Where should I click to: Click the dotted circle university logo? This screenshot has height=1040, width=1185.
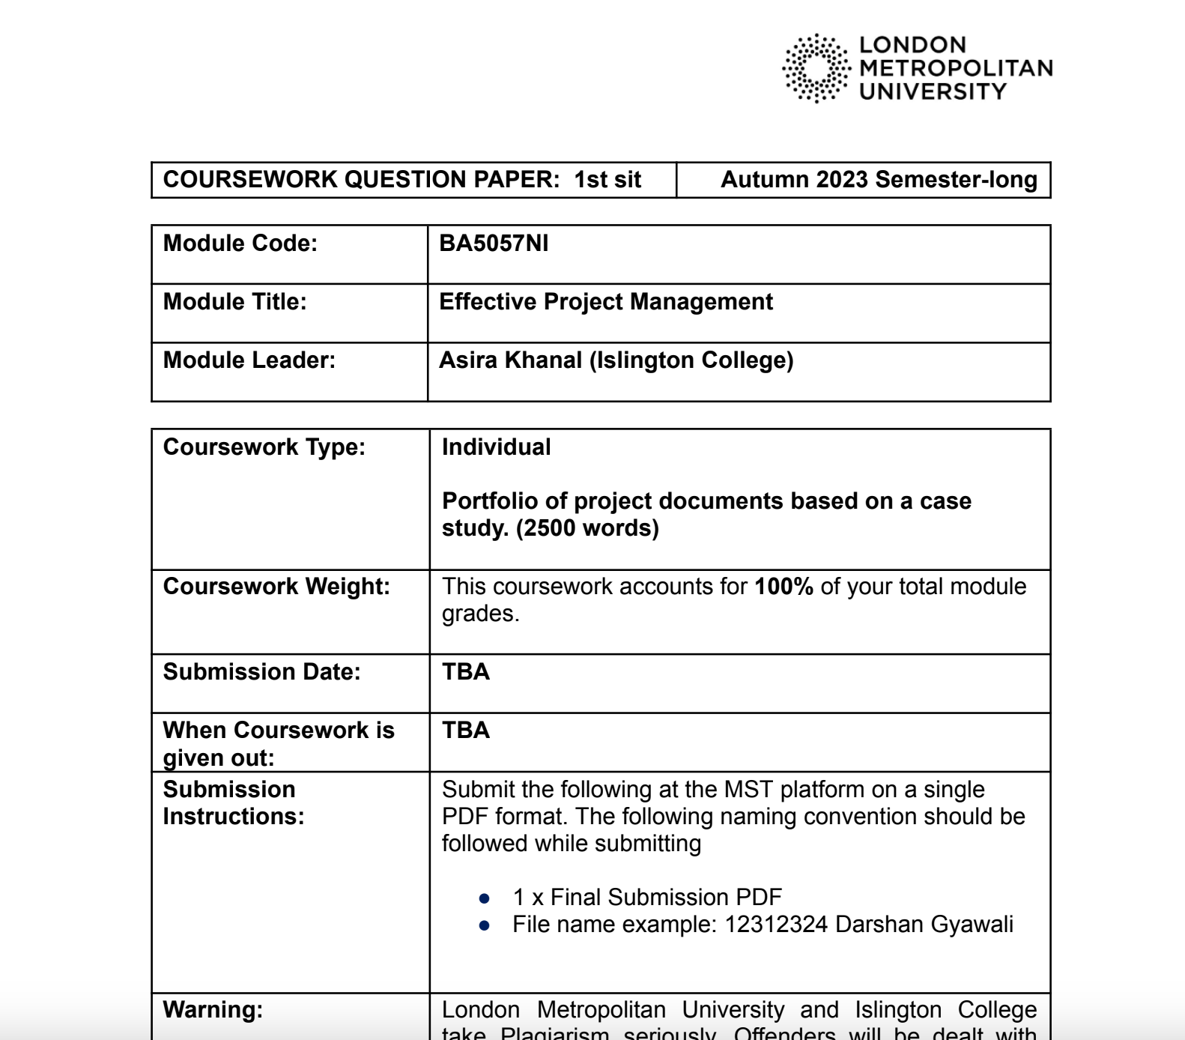point(816,68)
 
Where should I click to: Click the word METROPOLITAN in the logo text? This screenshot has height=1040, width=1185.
point(956,68)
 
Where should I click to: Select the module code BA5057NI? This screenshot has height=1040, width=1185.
point(494,244)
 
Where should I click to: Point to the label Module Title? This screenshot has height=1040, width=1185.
point(234,302)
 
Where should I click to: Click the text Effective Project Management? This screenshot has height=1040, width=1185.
point(605,302)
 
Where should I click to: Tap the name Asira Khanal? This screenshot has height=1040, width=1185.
point(510,360)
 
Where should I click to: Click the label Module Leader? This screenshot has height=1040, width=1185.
point(249,360)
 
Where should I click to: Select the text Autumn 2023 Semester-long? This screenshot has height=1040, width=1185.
point(878,180)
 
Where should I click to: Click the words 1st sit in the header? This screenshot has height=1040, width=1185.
point(607,180)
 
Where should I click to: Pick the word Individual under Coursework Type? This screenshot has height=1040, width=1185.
point(496,447)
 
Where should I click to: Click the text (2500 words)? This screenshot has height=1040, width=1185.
point(587,528)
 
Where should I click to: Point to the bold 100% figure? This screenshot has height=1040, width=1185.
point(784,587)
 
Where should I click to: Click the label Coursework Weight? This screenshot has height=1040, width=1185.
point(276,587)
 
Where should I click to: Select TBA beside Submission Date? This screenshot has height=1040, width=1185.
point(465,672)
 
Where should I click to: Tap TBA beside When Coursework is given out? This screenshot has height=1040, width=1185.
point(465,731)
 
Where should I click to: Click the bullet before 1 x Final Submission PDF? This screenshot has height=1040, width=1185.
point(484,898)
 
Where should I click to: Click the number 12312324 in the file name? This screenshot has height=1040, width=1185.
point(775,925)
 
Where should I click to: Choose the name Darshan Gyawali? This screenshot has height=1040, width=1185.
point(924,925)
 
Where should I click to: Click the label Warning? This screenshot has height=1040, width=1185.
point(213,1010)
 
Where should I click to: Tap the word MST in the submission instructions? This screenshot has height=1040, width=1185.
point(749,790)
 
